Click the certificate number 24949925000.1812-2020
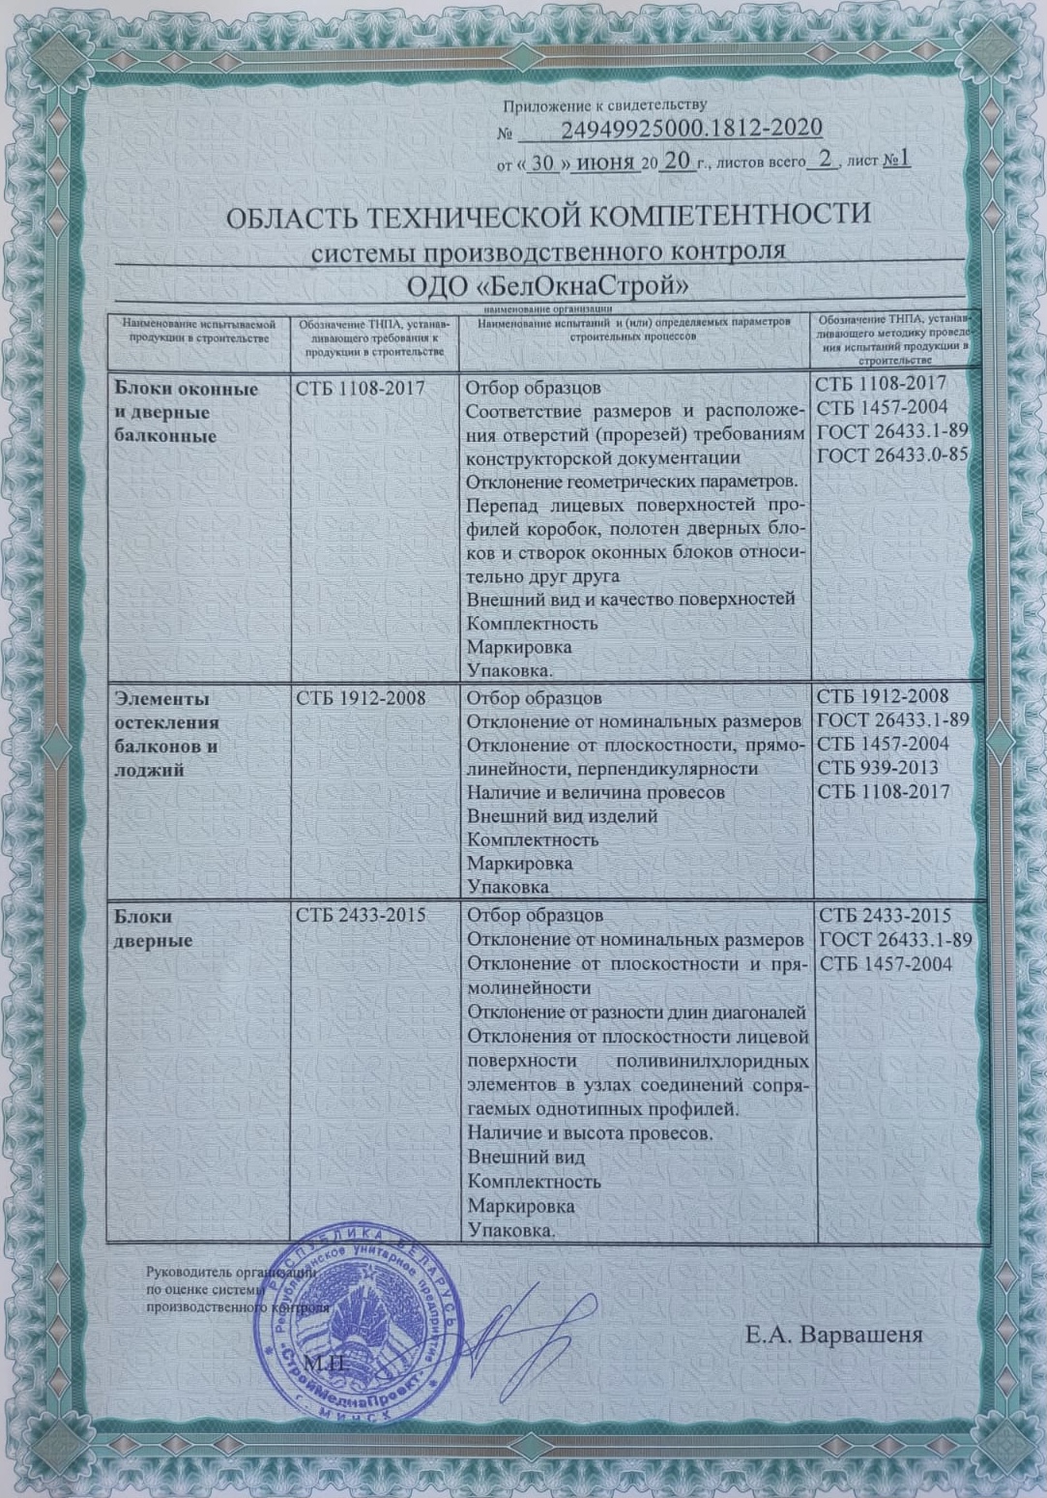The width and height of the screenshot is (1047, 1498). (x=691, y=129)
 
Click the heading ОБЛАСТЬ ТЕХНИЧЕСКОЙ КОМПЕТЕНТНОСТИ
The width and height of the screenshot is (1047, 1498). (x=548, y=214)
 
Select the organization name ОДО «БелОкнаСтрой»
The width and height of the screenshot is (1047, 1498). (x=548, y=287)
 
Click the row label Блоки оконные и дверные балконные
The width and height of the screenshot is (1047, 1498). (x=187, y=412)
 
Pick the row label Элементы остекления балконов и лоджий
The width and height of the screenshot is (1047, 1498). (x=167, y=734)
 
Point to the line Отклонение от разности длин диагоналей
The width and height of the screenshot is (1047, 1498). (x=636, y=1013)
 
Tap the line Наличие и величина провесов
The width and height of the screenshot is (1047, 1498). (x=596, y=792)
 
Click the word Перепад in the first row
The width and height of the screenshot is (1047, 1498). (x=503, y=506)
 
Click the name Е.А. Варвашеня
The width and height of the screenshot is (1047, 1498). (x=833, y=1336)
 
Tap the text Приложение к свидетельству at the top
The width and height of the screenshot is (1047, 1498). (x=604, y=104)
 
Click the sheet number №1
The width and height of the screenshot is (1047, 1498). (x=896, y=160)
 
